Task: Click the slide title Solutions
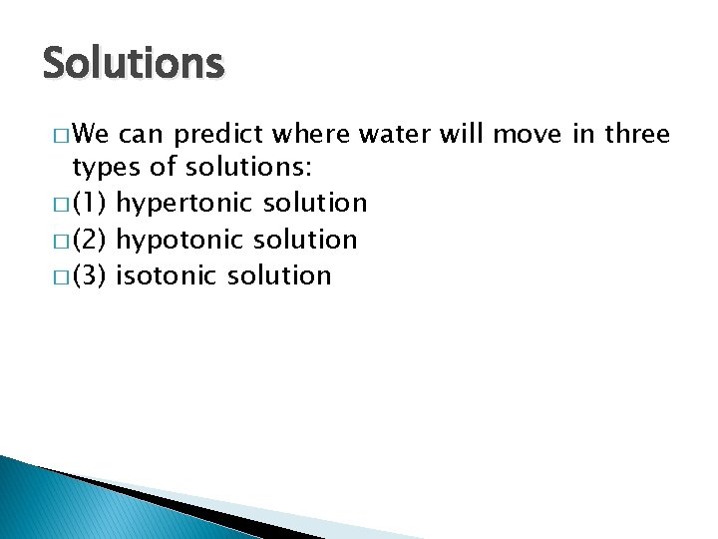[134, 64]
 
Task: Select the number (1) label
[90, 204]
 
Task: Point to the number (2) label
[90, 240]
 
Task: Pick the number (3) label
[90, 275]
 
